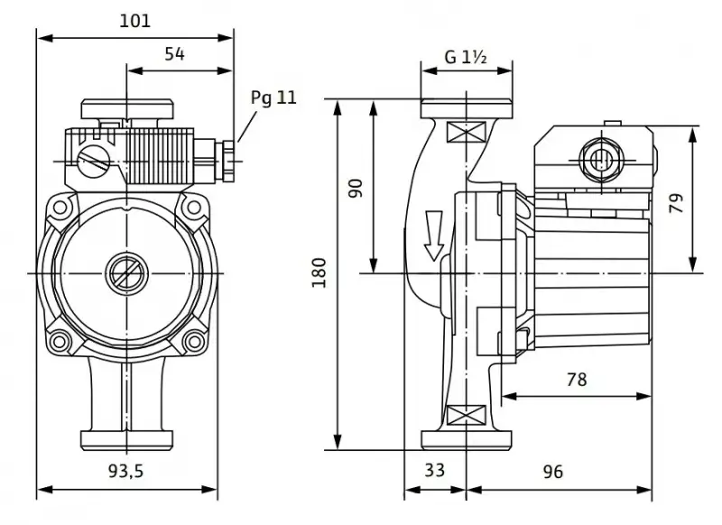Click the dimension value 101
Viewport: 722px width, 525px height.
pyautogui.click(x=134, y=21)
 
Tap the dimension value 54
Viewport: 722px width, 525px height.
pyautogui.click(x=174, y=54)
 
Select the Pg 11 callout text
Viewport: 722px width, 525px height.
pyautogui.click(x=273, y=97)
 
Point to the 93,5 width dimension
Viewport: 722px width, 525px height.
pyautogui.click(x=126, y=470)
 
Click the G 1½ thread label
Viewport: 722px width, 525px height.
pyautogui.click(x=466, y=57)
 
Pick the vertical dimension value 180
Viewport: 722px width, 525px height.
pyautogui.click(x=319, y=272)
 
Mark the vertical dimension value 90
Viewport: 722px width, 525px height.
pyautogui.click(x=356, y=189)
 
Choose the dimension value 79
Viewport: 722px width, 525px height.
pyautogui.click(x=676, y=203)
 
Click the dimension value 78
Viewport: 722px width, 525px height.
pyautogui.click(x=577, y=379)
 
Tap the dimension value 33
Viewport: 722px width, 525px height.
pyautogui.click(x=435, y=470)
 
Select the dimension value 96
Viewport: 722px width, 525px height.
pyautogui.click(x=552, y=471)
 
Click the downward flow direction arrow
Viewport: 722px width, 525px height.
pyautogui.click(x=433, y=235)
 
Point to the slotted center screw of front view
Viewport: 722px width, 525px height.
pyautogui.click(x=126, y=273)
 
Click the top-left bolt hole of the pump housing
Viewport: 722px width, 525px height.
pyautogui.click(x=60, y=207)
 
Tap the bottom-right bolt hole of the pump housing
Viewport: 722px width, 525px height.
pyautogui.click(x=193, y=341)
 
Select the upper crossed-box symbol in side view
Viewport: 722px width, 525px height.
pyautogui.click(x=467, y=132)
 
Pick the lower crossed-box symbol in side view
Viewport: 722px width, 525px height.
pyautogui.click(x=467, y=415)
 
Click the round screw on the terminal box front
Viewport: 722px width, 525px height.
pyautogui.click(x=93, y=160)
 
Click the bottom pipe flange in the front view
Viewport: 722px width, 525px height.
pyautogui.click(x=126, y=441)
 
